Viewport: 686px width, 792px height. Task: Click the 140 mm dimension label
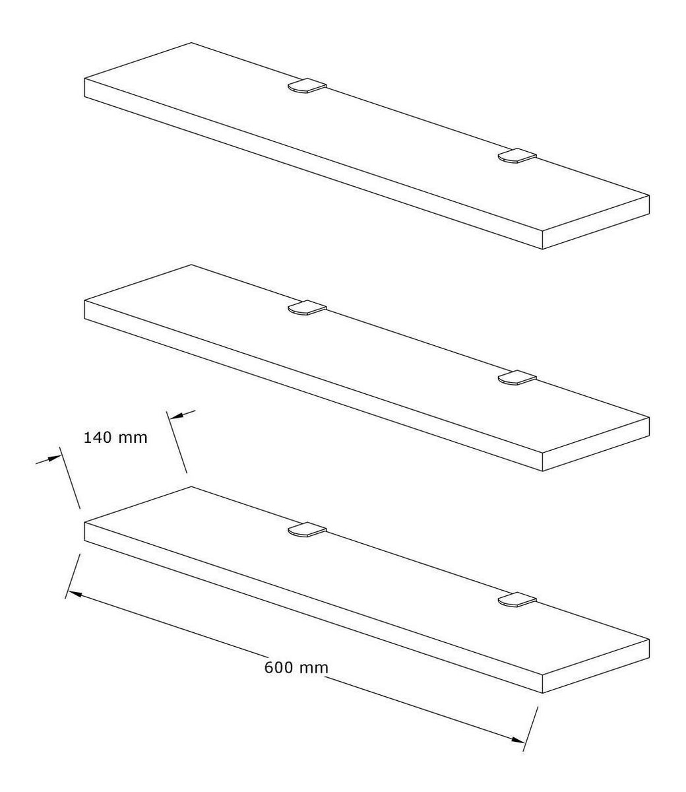click(115, 438)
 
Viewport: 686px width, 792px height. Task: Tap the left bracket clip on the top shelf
click(307, 86)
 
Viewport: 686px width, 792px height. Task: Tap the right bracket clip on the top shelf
click(517, 156)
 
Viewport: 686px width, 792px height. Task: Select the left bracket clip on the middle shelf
click(307, 308)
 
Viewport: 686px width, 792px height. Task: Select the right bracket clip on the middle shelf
click(517, 377)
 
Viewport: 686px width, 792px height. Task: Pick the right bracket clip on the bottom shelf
click(517, 599)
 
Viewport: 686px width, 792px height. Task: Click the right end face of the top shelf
click(596, 222)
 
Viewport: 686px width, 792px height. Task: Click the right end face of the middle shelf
click(596, 444)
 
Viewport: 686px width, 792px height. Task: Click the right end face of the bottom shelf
click(596, 666)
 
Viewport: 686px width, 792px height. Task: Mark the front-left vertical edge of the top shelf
click(84, 88)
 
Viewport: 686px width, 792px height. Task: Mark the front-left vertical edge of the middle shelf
click(84, 310)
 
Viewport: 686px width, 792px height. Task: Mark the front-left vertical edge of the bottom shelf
click(84, 531)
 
